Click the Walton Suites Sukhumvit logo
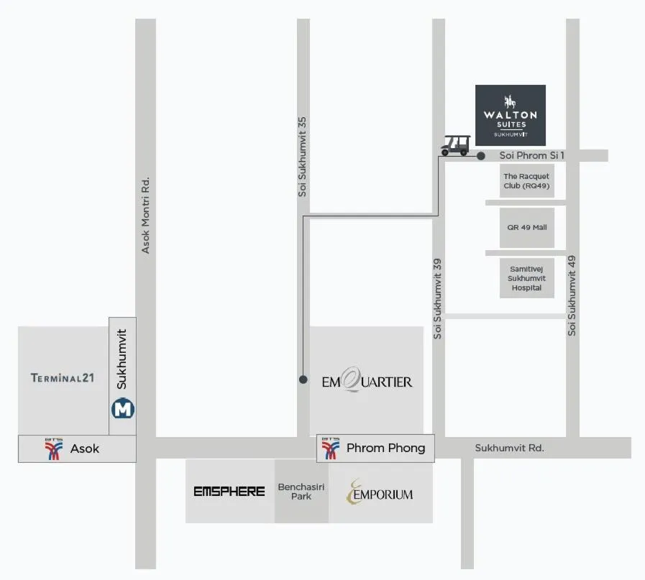511,115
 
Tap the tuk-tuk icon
455,144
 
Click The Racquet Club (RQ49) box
526,181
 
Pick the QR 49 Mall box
526,227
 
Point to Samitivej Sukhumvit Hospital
526,277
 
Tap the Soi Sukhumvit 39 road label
438,298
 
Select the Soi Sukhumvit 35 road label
303,157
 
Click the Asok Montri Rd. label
146,215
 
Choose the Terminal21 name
63,378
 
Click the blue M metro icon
123,409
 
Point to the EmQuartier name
367,381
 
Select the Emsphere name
229,492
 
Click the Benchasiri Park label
301,492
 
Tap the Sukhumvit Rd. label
509,448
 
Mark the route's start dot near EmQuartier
303,379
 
